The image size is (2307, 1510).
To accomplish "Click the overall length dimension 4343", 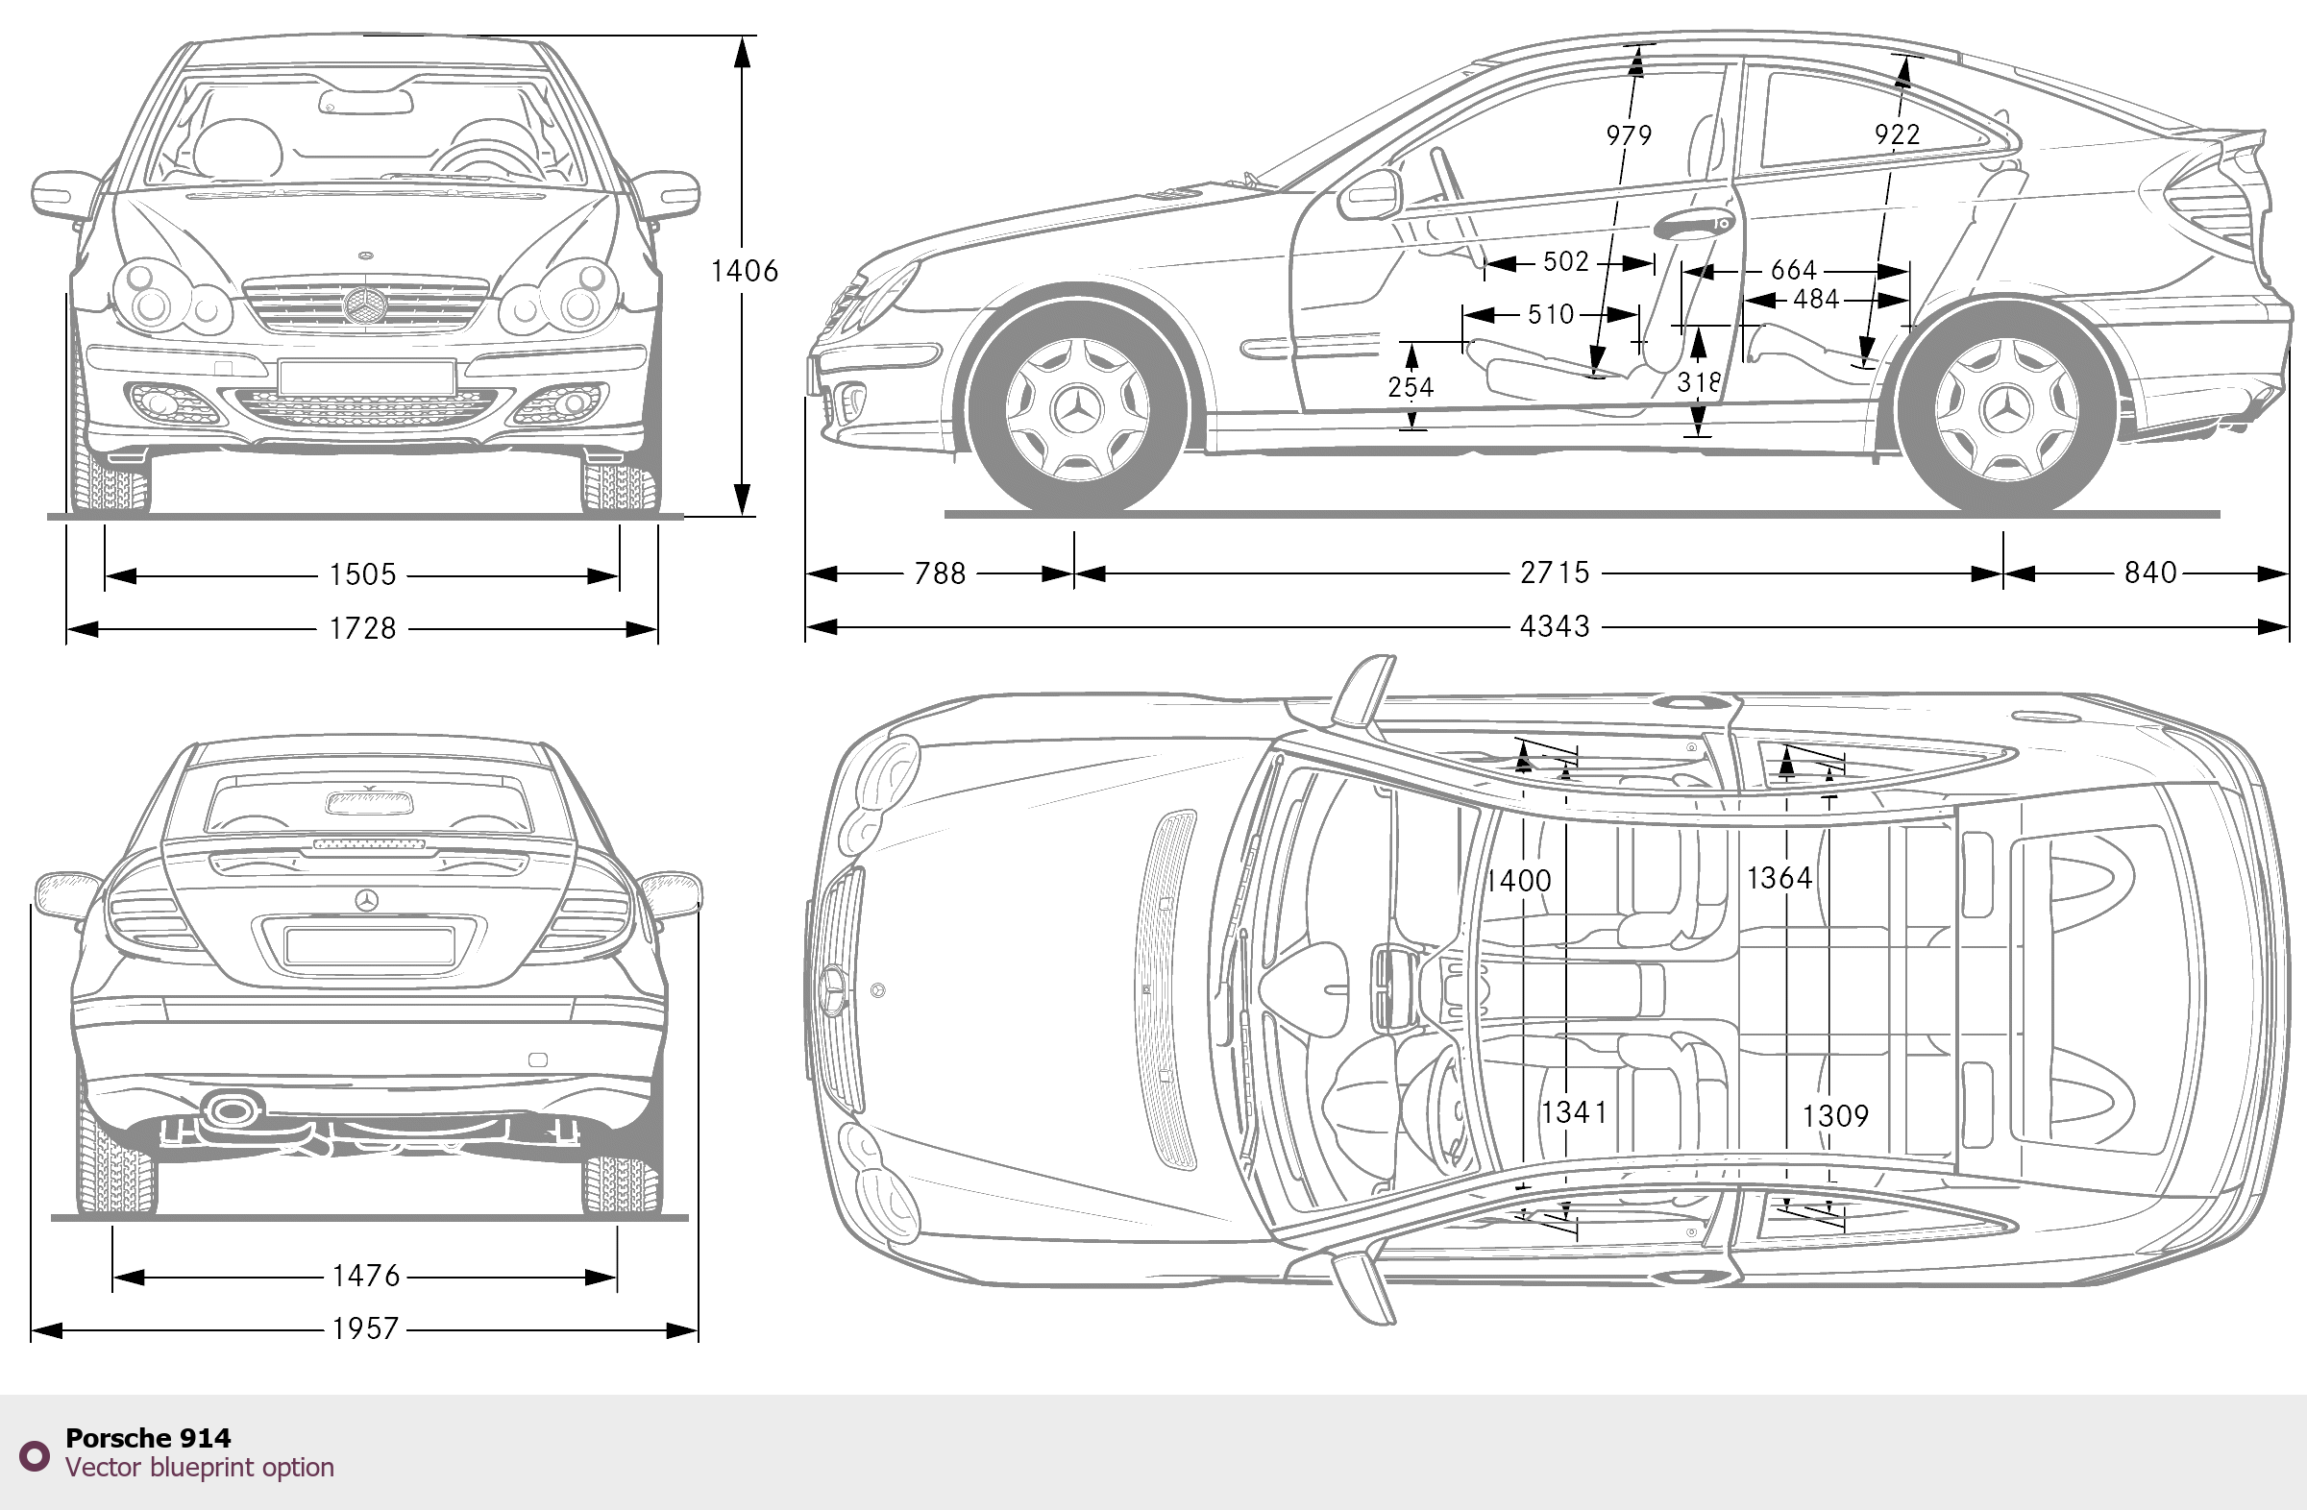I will (1555, 627).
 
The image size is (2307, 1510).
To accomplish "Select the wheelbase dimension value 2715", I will (1555, 572).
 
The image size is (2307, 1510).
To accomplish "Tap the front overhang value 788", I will (941, 573).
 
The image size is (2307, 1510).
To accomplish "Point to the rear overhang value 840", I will (2150, 572).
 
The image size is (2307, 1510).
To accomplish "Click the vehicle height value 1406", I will (744, 271).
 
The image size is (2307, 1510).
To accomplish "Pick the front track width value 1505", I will (362, 574).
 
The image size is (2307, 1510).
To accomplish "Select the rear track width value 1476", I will (365, 1276).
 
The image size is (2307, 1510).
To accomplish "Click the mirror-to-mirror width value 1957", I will (365, 1328).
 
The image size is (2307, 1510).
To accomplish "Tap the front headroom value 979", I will (1629, 134).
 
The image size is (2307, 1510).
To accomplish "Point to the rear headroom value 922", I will (1897, 134).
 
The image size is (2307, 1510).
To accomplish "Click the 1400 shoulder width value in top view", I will (1520, 880).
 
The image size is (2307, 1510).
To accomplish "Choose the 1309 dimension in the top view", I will (1835, 1116).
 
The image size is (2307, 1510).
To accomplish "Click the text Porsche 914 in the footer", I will (148, 1438).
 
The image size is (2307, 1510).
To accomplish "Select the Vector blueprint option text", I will (200, 1468).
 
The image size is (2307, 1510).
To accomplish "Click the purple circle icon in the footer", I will (35, 1455).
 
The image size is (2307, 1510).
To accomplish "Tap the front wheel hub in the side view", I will (1077, 411).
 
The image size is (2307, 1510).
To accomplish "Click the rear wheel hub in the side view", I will (2006, 411).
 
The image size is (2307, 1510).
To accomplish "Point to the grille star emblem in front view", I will (364, 305).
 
